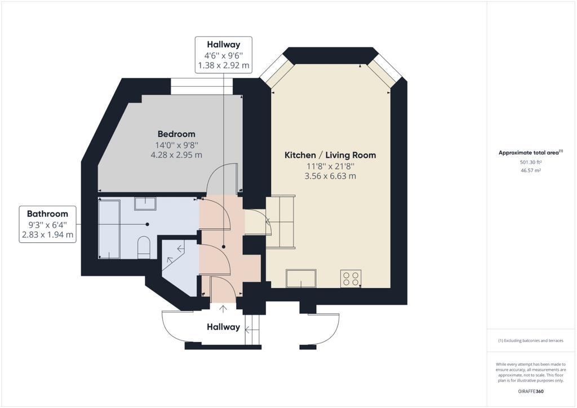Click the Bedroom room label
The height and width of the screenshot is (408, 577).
pos(176,134)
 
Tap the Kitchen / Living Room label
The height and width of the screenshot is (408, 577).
pos(330,155)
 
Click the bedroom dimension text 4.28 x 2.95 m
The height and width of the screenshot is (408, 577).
pos(176,155)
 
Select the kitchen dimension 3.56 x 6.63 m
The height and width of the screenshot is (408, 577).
pos(330,176)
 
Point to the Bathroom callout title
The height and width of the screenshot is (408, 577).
pos(47,214)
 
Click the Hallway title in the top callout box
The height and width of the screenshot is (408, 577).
pos(223,45)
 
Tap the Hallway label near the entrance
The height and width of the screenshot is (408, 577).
pos(223,327)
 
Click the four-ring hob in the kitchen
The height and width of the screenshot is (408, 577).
pos(350,279)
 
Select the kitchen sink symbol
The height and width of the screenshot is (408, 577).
pos(301,278)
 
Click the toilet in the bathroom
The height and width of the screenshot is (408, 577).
pos(144,247)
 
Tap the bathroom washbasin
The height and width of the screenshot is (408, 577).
pos(145,203)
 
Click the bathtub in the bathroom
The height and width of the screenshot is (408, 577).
pos(109,229)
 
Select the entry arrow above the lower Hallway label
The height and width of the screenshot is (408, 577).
pos(223,309)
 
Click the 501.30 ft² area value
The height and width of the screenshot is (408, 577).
pos(531,162)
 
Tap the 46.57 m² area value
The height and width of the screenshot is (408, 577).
pos(531,170)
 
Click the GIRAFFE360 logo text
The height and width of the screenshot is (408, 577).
pos(531,391)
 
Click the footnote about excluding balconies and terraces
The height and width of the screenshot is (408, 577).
pos(531,341)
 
